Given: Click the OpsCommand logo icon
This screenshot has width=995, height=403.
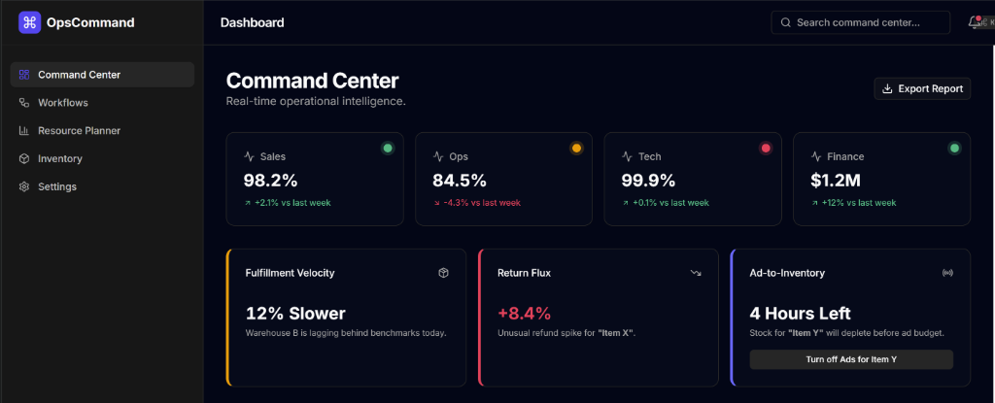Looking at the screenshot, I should (x=30, y=22).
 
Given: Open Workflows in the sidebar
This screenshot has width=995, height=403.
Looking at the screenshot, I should (x=63, y=103).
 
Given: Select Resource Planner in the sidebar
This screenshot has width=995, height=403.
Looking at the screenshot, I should (x=79, y=130).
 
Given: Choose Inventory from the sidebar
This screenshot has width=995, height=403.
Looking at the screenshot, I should (x=59, y=158).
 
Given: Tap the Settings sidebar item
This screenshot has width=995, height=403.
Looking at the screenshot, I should (x=56, y=186).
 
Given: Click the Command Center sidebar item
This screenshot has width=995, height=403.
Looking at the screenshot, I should (x=79, y=75).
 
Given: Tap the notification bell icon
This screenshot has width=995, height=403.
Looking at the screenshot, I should (x=975, y=22).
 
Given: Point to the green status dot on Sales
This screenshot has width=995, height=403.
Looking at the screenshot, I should (x=388, y=149).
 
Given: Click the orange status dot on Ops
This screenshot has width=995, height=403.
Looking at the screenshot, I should (x=576, y=149).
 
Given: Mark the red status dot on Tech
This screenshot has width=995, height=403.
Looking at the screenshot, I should (x=766, y=149).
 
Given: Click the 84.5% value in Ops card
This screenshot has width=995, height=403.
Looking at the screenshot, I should (x=460, y=180).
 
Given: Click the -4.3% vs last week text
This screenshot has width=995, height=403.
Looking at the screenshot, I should (x=482, y=203).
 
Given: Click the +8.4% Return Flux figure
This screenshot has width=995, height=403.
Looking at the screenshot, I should (x=524, y=313).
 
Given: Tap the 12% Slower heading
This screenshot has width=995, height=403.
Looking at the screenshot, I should (x=295, y=313).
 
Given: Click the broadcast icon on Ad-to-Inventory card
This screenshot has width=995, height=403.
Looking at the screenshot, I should (x=947, y=273).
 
